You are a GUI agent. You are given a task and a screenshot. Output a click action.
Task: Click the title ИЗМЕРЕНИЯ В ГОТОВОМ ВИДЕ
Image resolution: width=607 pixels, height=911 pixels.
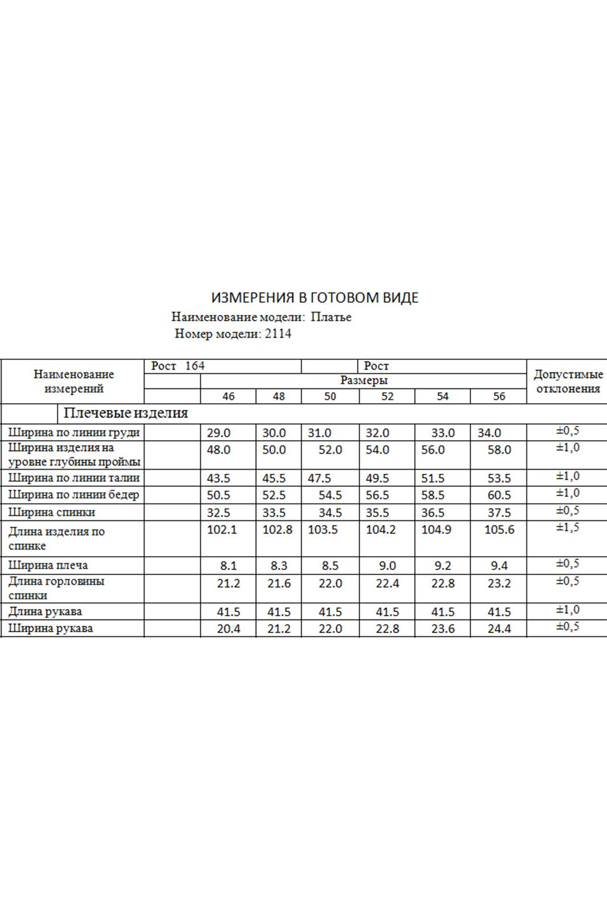pyautogui.click(x=315, y=298)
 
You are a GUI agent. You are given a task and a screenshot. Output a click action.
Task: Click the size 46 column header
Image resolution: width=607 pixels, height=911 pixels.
pyautogui.click(x=228, y=396)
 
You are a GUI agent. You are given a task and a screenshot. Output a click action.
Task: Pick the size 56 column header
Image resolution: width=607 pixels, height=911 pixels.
pyautogui.click(x=499, y=396)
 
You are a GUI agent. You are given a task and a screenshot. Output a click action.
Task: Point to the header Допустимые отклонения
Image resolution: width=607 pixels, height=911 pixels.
pyautogui.click(x=568, y=382)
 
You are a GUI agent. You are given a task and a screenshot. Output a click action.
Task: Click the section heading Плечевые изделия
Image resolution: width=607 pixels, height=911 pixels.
pyautogui.click(x=126, y=413)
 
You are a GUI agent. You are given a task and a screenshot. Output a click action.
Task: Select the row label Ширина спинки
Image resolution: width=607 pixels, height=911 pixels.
pyautogui.click(x=52, y=512)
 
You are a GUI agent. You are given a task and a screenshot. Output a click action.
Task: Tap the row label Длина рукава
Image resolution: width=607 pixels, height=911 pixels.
pyautogui.click(x=45, y=612)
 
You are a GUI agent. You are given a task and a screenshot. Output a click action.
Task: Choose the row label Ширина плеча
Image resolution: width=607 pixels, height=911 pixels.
pyautogui.click(x=48, y=565)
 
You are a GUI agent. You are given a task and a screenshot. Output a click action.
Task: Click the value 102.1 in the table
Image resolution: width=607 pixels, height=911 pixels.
pyautogui.click(x=222, y=530)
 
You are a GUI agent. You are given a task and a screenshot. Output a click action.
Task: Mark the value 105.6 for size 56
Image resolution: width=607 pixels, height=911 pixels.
pyautogui.click(x=499, y=530)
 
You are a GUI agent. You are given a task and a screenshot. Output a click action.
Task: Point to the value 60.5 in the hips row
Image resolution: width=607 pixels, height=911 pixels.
pyautogui.click(x=499, y=495)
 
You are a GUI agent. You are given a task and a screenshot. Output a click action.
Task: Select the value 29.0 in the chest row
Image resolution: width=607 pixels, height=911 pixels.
pyautogui.click(x=219, y=433)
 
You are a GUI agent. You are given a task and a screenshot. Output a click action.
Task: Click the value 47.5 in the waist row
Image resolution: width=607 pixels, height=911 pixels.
pyautogui.click(x=319, y=478)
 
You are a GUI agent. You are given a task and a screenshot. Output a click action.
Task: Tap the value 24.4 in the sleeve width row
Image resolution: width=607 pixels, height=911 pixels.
pyautogui.click(x=499, y=629)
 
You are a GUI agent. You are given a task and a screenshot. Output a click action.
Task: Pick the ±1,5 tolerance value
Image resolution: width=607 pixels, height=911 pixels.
pyautogui.click(x=568, y=528)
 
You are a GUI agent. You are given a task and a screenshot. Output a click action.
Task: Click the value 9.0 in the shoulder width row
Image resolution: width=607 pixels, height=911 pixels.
pyautogui.click(x=387, y=566)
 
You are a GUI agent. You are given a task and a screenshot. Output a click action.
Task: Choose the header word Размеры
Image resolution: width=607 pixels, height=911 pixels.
pyautogui.click(x=364, y=380)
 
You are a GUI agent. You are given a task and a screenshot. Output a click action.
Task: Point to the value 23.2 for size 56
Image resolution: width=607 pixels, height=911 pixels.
pyautogui.click(x=499, y=584)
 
